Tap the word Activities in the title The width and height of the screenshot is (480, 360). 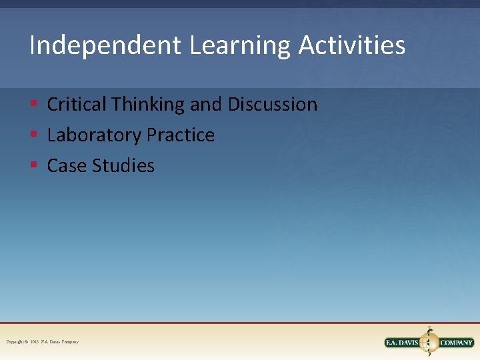coord(352,46)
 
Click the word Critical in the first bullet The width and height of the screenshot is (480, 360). coord(77,105)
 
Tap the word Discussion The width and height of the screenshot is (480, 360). coord(273,105)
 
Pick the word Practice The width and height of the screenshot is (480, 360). coord(181,135)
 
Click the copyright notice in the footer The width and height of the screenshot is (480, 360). coord(42,342)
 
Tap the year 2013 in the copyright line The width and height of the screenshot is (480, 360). coord(35,342)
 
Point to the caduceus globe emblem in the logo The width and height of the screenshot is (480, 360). coord(429,342)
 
